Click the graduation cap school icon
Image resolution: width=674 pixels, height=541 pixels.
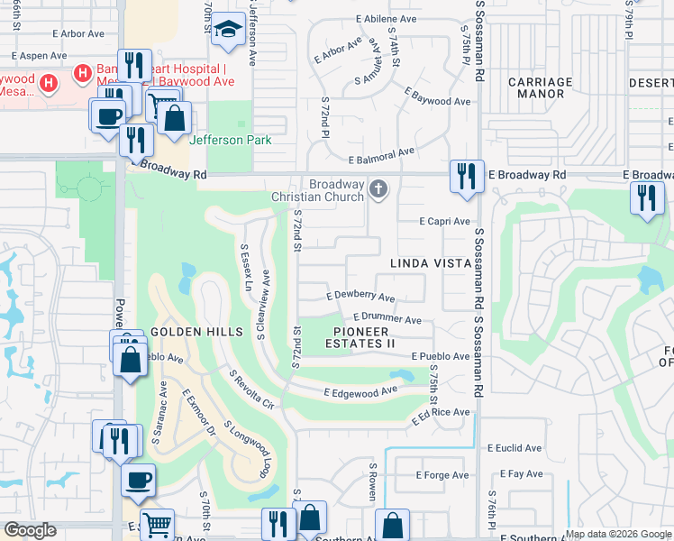coord(229,30)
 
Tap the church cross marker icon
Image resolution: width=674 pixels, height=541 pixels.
coord(379,189)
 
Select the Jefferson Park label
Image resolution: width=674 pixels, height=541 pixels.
coord(230,140)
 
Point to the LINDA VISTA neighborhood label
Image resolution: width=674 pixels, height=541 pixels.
coord(431,262)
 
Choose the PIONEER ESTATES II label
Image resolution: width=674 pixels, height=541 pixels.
coord(360,337)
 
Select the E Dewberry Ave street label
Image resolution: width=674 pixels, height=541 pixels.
coord(360,296)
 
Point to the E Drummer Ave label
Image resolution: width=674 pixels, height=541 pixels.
coord(387,318)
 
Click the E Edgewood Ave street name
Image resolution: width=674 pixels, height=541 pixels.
coord(360,391)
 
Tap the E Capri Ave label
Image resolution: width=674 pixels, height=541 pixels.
coord(445,221)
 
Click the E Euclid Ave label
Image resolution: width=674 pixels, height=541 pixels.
coord(515,447)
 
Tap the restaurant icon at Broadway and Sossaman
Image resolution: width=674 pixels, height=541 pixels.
coord(466,176)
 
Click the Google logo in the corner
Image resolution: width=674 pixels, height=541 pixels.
coord(30,530)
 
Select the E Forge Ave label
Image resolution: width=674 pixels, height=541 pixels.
coord(442,475)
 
